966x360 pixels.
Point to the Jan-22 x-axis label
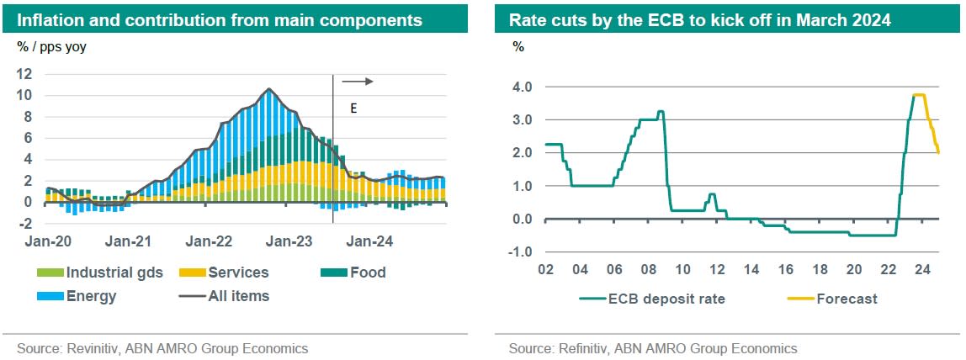pyautogui.click(x=208, y=241)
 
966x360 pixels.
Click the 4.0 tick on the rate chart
pyautogui.click(x=522, y=87)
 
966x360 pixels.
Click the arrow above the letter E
pyautogui.click(x=358, y=82)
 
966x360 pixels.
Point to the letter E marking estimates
pyautogui.click(x=353, y=109)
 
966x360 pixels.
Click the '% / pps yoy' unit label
pyautogui.click(x=52, y=47)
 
